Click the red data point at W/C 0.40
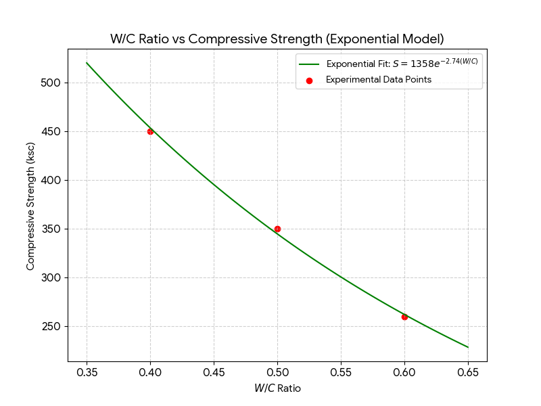click(x=150, y=131)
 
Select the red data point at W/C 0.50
click(x=277, y=229)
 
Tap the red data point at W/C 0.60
click(x=404, y=317)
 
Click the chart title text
click(x=277, y=39)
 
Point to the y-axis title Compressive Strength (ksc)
click(x=30, y=206)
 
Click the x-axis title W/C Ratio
click(x=277, y=388)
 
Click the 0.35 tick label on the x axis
click(x=87, y=372)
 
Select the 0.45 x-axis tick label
click(x=214, y=372)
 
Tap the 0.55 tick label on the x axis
click(x=341, y=372)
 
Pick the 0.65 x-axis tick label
click(x=468, y=372)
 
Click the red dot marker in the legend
click(x=309, y=80)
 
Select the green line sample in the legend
click(x=309, y=65)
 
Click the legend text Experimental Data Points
click(x=379, y=80)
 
